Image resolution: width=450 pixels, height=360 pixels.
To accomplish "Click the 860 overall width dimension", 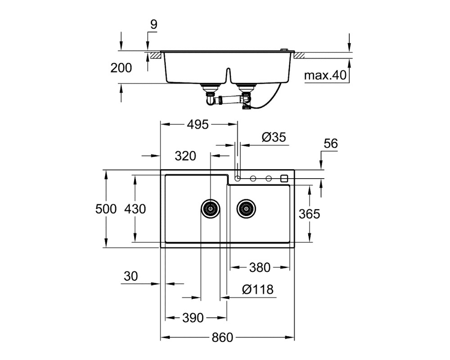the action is tap(222, 337).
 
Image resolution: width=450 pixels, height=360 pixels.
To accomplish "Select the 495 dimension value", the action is tap(198, 125).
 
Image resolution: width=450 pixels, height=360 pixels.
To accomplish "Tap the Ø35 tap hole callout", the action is tap(274, 137).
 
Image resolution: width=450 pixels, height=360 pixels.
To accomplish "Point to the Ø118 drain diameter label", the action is tap(258, 290).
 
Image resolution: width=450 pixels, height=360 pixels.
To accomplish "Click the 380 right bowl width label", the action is tap(260, 268).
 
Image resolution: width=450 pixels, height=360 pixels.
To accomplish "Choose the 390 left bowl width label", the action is tap(193, 318).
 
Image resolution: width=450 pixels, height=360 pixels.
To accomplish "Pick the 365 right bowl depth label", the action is tap(310, 214).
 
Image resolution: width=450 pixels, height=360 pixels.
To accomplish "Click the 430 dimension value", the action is tap(135, 209).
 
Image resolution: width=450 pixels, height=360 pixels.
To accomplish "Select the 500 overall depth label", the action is tap(106, 209).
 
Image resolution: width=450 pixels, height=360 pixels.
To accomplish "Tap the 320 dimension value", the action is tap(185, 156).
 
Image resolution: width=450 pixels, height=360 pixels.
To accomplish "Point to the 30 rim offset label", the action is tap(131, 276).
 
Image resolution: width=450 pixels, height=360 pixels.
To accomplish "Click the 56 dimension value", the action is tap(331, 144).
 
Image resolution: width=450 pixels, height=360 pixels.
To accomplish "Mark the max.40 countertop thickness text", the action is tap(325, 75).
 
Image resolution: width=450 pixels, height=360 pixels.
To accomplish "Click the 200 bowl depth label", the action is tap(121, 68).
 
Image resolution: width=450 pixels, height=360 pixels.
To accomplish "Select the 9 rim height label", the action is tap(154, 25).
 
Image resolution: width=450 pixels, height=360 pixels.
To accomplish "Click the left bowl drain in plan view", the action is tap(210, 209).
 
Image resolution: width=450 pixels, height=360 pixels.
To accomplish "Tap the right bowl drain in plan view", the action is tap(246, 209).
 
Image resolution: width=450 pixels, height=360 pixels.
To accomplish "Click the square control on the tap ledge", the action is tap(284, 179).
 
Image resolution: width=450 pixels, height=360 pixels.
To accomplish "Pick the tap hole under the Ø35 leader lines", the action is tap(237, 179).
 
